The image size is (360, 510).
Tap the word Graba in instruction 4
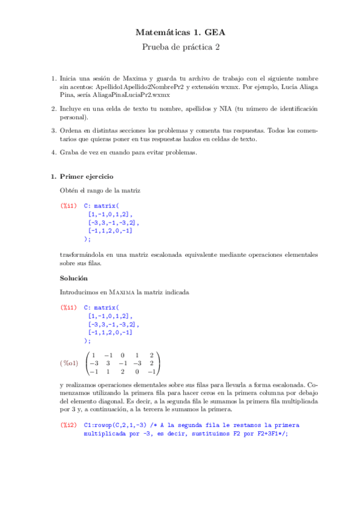coord(70,152)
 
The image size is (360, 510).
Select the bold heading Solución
coord(74,278)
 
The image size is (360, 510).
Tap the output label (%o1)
coord(69,363)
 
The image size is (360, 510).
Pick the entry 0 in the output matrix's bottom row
coord(136,372)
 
